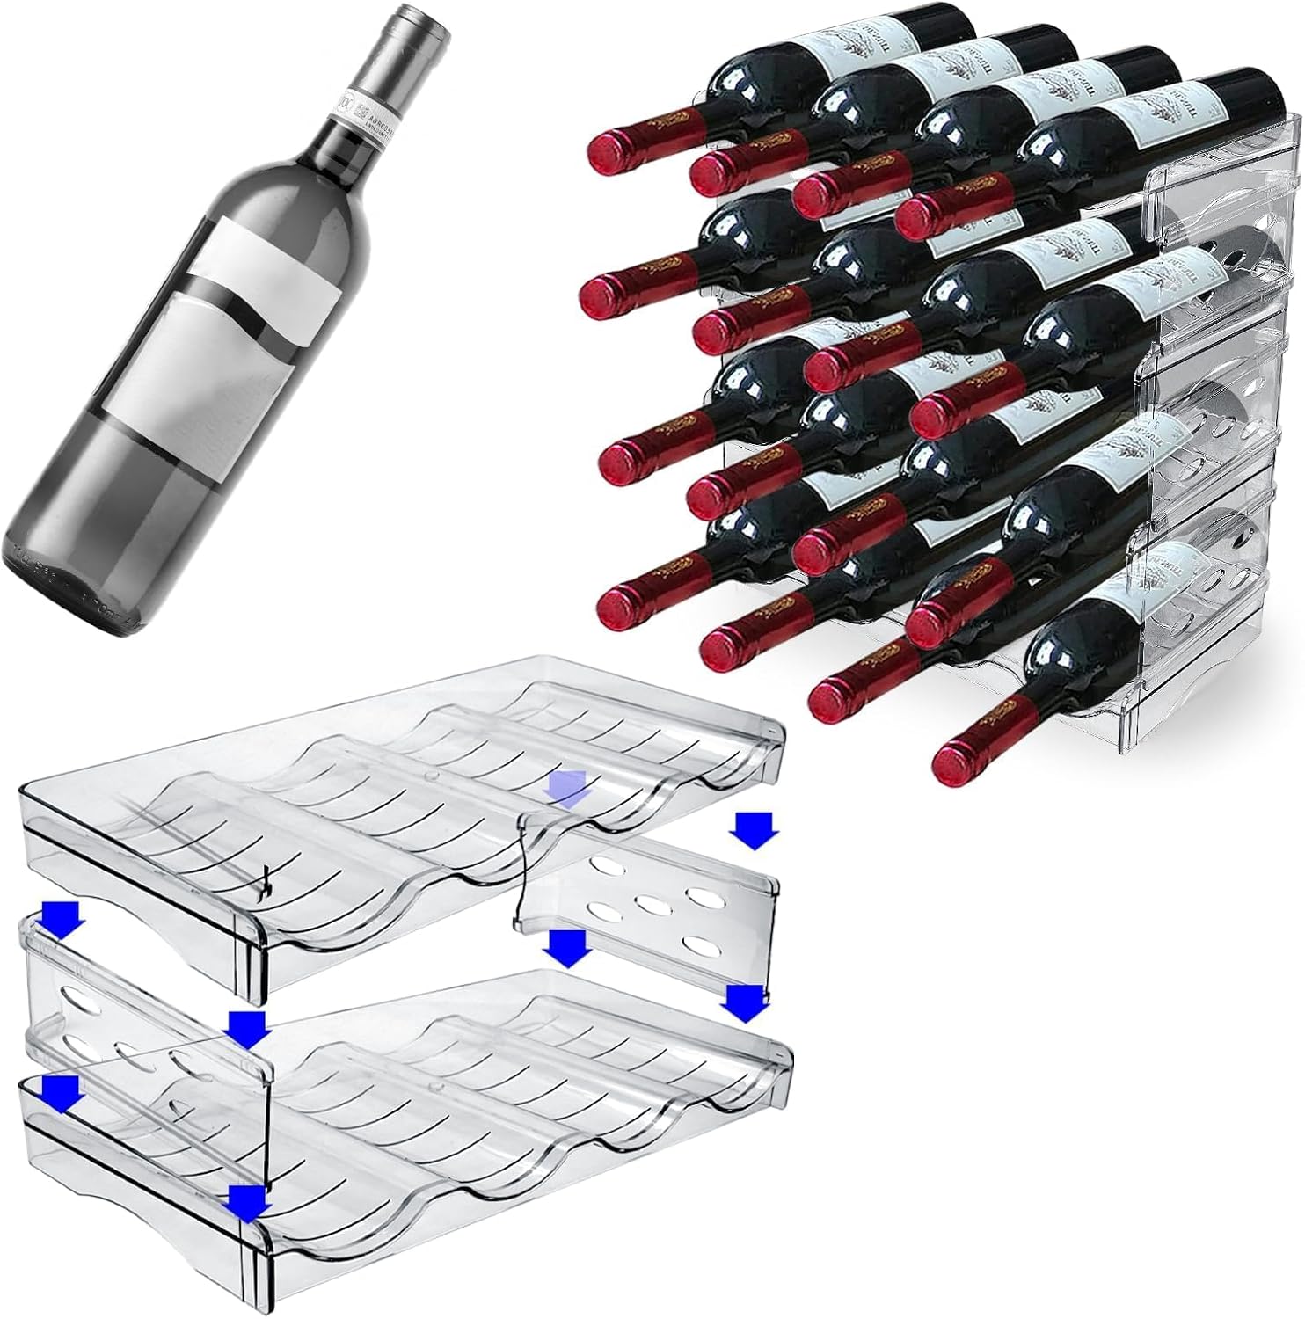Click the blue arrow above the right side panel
click(x=755, y=829)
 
